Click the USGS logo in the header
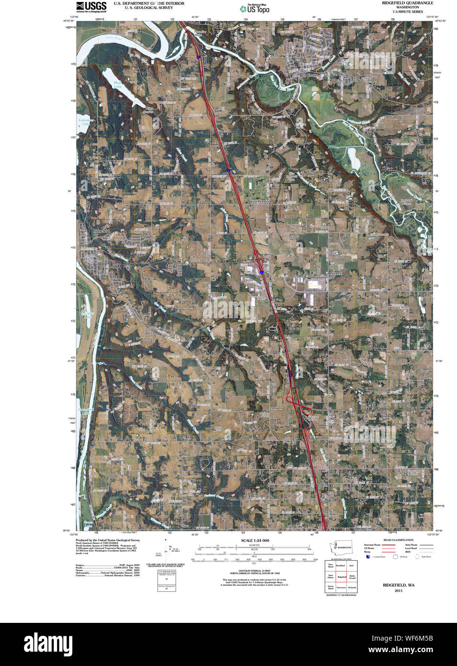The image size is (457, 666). coord(91,6)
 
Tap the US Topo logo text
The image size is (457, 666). coord(258,10)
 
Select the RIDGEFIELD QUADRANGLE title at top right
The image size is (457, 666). coord(407,3)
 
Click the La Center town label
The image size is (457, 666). coord(309,75)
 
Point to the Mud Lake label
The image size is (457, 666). coord(117,85)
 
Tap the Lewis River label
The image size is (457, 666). coord(114,37)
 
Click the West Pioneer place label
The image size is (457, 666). coord(259,202)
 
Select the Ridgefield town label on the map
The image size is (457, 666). coord(102,231)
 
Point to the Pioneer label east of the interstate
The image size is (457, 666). coord(335,274)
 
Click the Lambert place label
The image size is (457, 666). coord(276,408)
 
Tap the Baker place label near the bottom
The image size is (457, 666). coord(334,514)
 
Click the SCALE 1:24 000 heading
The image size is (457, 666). coord(255,540)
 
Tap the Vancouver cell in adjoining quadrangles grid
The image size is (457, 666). coord(341,587)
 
